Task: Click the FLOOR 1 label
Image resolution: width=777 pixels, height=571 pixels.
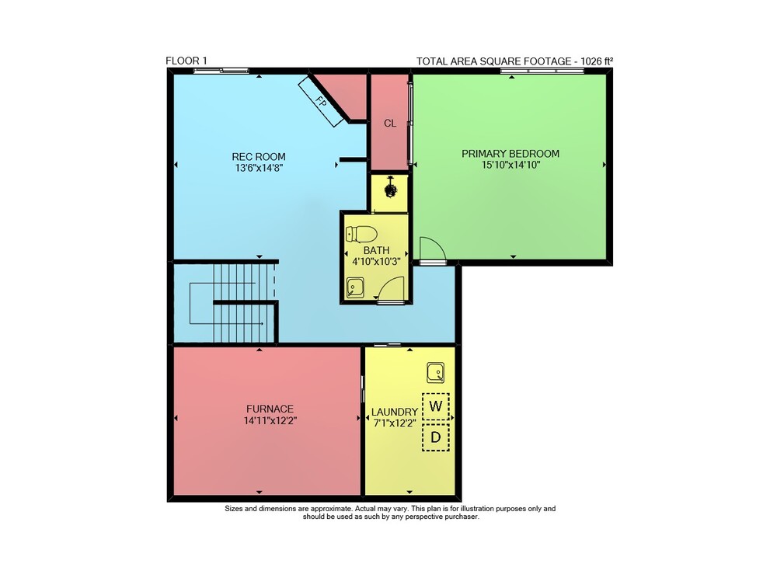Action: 186,61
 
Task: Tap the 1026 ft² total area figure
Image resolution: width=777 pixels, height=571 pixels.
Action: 597,61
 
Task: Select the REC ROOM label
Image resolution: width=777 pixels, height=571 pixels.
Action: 259,157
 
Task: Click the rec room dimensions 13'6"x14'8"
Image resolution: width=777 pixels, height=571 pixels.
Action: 259,168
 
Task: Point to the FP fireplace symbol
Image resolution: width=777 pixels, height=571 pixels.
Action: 321,102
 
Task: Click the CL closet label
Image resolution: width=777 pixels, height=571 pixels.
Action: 390,123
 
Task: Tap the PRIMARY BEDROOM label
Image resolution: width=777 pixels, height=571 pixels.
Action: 510,154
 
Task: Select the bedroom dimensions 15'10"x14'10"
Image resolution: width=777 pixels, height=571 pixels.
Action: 510,165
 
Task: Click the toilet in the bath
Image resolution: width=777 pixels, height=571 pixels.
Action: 362,234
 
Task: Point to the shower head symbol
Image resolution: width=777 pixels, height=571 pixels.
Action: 391,188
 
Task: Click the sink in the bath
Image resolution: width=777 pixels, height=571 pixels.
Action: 355,287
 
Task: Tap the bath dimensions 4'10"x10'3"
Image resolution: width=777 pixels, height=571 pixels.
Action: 376,261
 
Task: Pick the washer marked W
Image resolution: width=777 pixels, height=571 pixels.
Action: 436,406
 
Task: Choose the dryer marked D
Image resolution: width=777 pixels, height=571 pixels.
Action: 436,437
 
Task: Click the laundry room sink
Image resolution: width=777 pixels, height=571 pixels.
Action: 436,373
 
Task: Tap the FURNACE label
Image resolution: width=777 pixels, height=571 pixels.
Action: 270,409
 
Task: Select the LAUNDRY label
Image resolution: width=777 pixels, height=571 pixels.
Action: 395,412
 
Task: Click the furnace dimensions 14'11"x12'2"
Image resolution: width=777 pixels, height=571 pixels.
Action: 270,421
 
